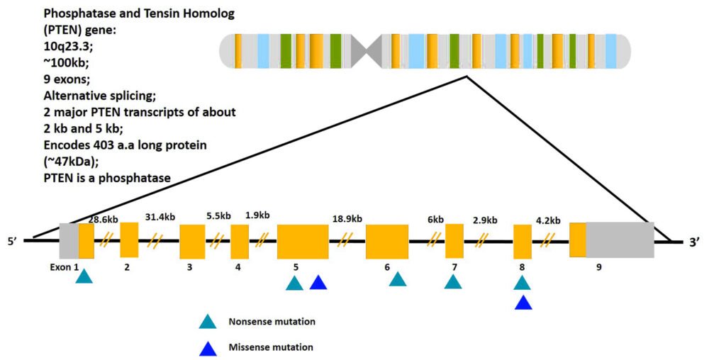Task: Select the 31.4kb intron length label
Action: (x=160, y=217)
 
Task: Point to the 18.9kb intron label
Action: (x=347, y=218)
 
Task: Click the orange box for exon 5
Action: (x=302, y=242)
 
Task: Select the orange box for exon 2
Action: (x=129, y=240)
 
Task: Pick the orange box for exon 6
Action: (x=386, y=242)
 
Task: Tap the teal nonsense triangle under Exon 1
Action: (x=84, y=277)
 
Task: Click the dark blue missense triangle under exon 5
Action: (x=318, y=283)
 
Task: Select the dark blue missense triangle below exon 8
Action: (x=523, y=303)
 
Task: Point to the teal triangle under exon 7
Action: (x=453, y=282)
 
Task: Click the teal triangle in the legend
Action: (x=207, y=322)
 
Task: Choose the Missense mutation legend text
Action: (x=271, y=347)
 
